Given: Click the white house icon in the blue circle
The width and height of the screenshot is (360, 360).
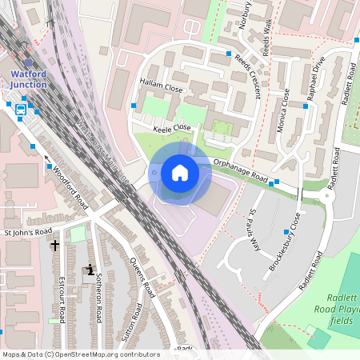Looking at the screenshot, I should pyautogui.click(x=179, y=173).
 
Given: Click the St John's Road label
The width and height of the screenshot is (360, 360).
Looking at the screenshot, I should pyautogui.click(x=27, y=233).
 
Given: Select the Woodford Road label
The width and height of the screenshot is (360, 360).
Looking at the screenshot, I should pyautogui.click(x=69, y=186).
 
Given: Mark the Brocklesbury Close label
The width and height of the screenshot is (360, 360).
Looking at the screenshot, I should pyautogui.click(x=285, y=243).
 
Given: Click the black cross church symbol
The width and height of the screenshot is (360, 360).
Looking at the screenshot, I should pyautogui.click(x=55, y=246).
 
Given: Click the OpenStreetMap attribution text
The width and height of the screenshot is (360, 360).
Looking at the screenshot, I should pyautogui.click(x=80, y=354).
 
